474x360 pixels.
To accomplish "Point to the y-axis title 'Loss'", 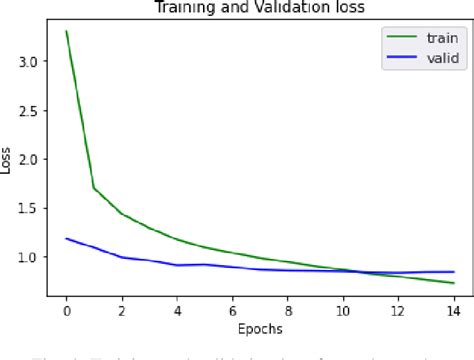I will [9, 159].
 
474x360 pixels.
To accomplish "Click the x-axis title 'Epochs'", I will [260, 328].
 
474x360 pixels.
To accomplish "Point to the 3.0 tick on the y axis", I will [30, 61].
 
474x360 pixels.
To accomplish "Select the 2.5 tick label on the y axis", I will [30, 110].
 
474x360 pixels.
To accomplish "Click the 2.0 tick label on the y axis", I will [30, 159].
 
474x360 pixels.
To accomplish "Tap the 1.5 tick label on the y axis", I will [30, 208].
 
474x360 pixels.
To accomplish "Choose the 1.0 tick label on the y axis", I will [30, 257].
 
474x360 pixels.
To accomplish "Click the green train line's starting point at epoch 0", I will [66, 31].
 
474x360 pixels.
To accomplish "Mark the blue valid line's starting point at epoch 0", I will [66, 239].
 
